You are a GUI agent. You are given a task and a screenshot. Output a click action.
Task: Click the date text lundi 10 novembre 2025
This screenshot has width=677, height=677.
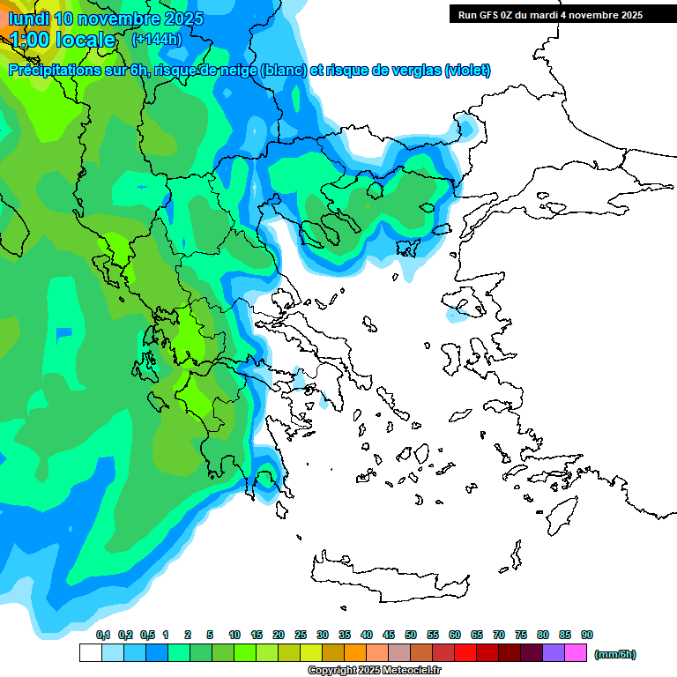[106, 19]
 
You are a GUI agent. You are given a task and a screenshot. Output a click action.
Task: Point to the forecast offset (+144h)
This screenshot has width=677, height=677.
[156, 40]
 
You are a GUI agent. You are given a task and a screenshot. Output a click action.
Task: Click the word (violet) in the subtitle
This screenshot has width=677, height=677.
[467, 71]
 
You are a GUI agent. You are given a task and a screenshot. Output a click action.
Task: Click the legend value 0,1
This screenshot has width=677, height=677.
[103, 635]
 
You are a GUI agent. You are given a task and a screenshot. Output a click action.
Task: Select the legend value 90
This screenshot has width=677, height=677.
[587, 635]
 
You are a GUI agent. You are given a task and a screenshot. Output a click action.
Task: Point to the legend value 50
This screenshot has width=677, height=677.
[411, 635]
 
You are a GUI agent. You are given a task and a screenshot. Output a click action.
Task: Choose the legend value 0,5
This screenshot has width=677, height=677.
[147, 635]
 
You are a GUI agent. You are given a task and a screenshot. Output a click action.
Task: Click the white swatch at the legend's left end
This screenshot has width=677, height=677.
[90, 653]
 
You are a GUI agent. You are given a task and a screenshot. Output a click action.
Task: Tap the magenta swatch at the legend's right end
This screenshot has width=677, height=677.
[577, 653]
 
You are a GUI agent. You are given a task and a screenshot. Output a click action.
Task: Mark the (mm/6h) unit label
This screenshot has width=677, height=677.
[615, 654]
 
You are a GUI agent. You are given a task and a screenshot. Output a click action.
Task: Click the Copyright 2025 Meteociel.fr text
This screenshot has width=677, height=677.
[374, 670]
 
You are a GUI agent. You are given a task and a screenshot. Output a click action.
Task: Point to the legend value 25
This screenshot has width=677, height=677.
[301, 635]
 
